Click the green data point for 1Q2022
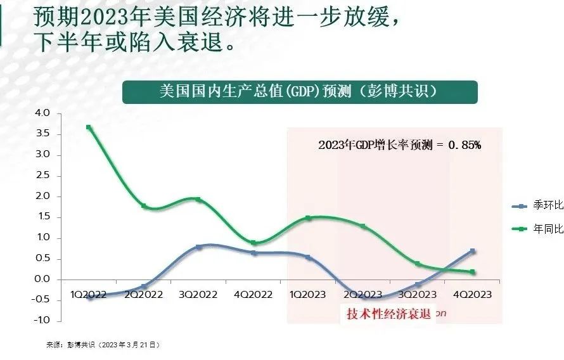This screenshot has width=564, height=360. pyautogui.click(x=89, y=127)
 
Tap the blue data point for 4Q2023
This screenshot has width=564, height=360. pyautogui.click(x=473, y=251)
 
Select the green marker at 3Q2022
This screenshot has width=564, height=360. pyautogui.click(x=198, y=200)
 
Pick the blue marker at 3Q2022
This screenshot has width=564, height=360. pyautogui.click(x=199, y=247)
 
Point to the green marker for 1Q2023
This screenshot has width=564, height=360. pyautogui.click(x=308, y=218)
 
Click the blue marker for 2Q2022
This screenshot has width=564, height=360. pyautogui.click(x=144, y=286)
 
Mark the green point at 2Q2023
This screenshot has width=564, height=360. pyautogui.click(x=363, y=226)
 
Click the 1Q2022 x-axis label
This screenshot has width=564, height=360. pyautogui.click(x=89, y=295)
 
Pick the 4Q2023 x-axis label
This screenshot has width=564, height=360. pyautogui.click(x=472, y=295)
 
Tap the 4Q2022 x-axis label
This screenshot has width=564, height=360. pyautogui.click(x=253, y=295)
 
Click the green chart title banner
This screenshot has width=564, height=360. pyautogui.click(x=299, y=91)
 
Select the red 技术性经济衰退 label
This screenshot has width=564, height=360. pyautogui.click(x=388, y=314)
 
